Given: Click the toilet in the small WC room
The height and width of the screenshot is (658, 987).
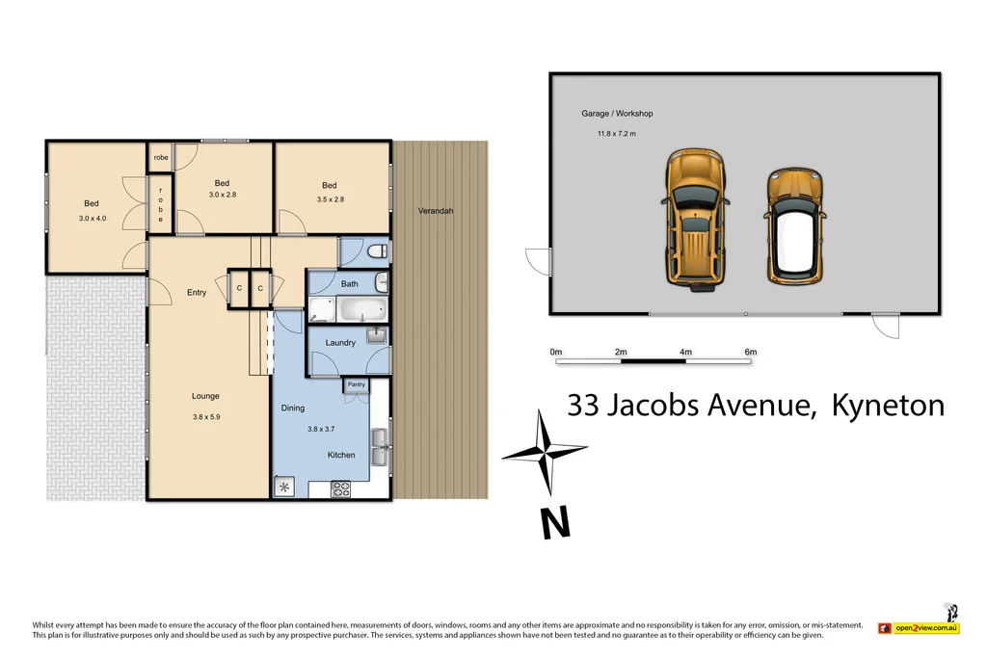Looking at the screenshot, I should [378, 252].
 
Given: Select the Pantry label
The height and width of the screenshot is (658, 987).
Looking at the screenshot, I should [356, 385].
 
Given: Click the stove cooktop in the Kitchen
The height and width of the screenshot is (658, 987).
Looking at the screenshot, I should [341, 489].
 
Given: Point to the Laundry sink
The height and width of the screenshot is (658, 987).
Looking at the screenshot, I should [377, 336].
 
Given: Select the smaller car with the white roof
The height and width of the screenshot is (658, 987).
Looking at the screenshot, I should [793, 226].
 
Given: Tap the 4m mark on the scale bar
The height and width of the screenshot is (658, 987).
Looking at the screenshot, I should [685, 353].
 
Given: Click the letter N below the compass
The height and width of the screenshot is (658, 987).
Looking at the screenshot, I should [553, 522].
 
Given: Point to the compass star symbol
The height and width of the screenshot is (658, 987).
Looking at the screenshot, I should [545, 450].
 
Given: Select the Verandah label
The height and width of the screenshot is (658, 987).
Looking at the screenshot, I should [435, 211].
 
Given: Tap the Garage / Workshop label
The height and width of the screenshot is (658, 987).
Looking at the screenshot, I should [617, 114].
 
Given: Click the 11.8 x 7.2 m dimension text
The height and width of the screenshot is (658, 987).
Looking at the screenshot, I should [617, 134].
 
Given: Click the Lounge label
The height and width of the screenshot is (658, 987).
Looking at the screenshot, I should [205, 396].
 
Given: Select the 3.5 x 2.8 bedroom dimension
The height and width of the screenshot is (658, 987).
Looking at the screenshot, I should [329, 199].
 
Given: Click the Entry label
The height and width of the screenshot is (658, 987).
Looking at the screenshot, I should [197, 293].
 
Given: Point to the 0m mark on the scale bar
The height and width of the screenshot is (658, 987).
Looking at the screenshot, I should [556, 353].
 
